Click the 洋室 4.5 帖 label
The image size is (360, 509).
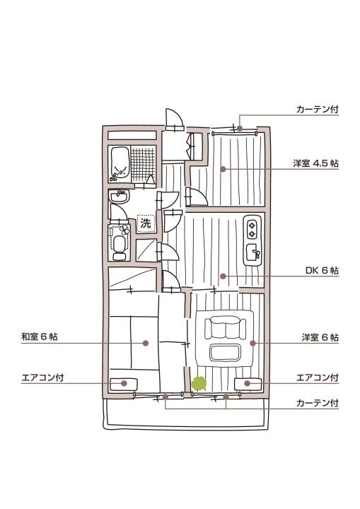316,163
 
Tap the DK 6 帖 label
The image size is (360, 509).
322,270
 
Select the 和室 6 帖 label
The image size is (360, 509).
40,337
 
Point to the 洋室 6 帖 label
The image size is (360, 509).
320,338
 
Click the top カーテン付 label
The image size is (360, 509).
318,110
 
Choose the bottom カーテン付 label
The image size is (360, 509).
318,404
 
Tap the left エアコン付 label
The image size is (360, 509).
42,378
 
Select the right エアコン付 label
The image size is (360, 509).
318,378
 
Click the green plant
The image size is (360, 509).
199,383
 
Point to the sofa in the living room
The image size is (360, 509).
225,329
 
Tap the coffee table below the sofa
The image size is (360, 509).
225,353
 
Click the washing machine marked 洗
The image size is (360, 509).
146,223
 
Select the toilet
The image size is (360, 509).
120,247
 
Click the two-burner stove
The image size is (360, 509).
252,229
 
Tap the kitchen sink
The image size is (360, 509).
253,252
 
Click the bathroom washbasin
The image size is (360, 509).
120,196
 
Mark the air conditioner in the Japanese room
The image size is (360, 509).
124,385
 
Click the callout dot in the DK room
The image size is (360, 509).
223,276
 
